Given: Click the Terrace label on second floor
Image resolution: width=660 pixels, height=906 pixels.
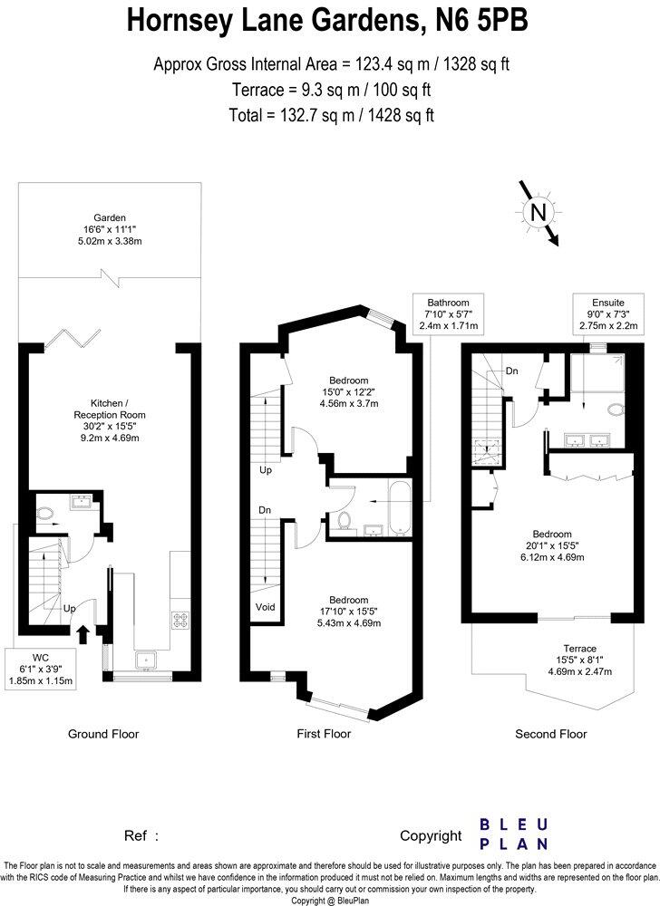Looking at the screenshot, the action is click(x=579, y=660).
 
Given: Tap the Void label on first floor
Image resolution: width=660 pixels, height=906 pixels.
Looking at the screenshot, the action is click(x=265, y=607).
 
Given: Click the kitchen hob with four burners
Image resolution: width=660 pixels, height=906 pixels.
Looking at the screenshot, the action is click(x=178, y=622).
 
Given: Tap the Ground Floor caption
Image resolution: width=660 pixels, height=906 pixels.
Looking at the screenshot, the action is click(x=104, y=734).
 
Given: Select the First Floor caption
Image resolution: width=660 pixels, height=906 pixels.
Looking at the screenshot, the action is click(x=323, y=734).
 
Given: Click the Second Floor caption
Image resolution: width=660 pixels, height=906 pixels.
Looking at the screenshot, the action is click(x=551, y=734).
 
